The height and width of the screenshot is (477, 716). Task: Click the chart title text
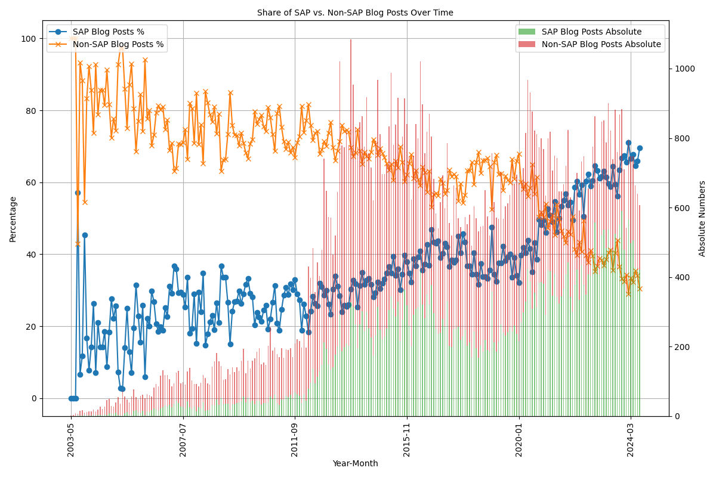point(355,13)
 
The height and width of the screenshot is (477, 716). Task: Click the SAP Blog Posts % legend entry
point(107,32)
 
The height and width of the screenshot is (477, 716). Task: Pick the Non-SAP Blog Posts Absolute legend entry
point(601,44)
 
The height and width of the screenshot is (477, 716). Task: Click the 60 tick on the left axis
point(31,182)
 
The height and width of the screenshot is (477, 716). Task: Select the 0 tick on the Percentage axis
point(33,398)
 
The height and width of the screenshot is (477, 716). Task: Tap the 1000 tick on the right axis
point(684,69)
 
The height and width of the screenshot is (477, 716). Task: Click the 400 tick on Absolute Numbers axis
point(681,277)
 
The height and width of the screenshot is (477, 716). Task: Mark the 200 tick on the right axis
point(681,347)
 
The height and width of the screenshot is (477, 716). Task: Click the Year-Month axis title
point(355,463)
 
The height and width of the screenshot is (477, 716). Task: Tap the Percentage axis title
point(13,219)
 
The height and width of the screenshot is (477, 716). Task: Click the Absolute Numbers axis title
point(702,219)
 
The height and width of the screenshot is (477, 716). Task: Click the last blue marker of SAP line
point(640,148)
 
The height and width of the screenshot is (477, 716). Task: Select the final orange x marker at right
point(640,289)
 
